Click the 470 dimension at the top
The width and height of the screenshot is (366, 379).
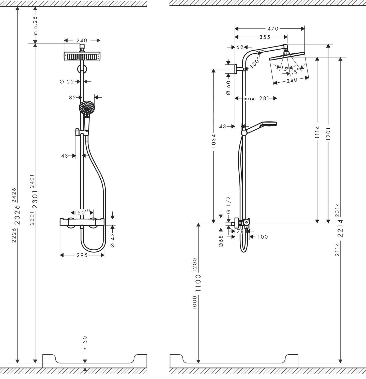tap(273, 29)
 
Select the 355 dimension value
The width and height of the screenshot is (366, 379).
tap(265, 37)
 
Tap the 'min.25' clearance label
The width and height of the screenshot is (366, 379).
tap(35, 25)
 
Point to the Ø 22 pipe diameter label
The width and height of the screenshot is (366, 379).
tap(67, 82)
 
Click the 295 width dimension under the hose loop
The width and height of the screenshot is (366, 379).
tap(82, 255)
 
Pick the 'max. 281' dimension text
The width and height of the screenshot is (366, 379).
tap(256, 98)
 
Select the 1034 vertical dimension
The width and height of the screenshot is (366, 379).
tap(213, 141)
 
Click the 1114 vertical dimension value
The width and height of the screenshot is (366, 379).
tap(317, 132)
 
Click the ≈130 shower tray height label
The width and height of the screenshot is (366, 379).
tap(85, 343)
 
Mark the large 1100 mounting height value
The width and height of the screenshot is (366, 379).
tap(198, 283)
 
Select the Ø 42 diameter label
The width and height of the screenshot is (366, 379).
tap(113, 240)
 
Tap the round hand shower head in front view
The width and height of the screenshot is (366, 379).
tap(87, 108)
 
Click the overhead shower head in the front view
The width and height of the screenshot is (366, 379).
tap(82, 56)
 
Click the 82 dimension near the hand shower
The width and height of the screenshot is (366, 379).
tap(72, 97)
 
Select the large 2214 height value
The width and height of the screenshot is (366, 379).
tap(340, 228)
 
